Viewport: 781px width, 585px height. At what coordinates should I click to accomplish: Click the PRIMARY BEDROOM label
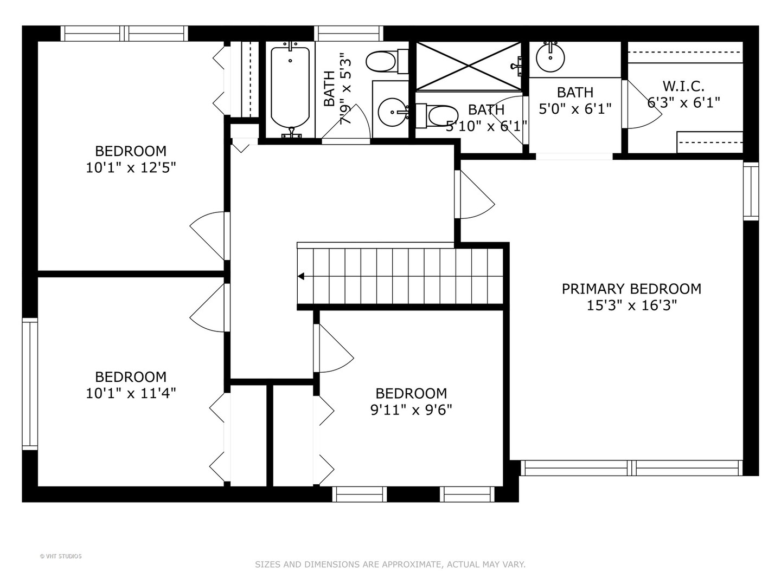(631, 289)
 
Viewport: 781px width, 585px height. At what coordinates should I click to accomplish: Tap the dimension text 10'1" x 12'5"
(131, 168)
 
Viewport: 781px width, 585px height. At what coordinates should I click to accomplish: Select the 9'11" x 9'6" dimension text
(411, 410)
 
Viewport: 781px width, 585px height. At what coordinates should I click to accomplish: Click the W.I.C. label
(683, 86)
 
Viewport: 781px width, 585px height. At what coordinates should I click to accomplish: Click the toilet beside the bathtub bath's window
(387, 61)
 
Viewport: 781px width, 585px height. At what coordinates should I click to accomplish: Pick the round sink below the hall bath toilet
(392, 112)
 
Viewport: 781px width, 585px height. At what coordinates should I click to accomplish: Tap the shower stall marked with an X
(469, 66)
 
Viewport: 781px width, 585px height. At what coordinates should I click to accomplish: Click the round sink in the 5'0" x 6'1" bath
(550, 57)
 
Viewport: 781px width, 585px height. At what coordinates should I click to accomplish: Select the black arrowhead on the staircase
(301, 276)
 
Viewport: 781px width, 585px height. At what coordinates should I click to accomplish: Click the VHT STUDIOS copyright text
(61, 556)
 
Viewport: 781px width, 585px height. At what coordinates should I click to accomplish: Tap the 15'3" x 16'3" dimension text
(631, 305)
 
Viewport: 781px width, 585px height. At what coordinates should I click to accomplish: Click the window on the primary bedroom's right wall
(751, 191)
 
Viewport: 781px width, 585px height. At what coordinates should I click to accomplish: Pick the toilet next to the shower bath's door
(437, 116)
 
